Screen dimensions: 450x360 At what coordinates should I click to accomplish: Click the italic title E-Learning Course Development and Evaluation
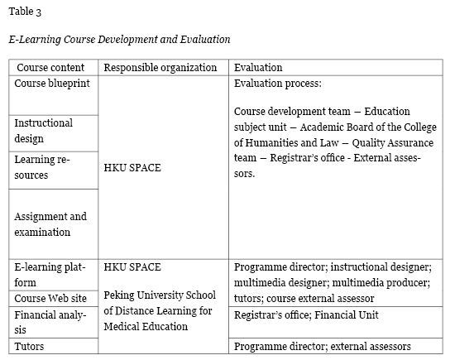click(x=119, y=39)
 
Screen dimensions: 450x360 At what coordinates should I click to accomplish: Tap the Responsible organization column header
click(x=160, y=68)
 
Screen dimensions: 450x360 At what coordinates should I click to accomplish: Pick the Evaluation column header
click(x=258, y=68)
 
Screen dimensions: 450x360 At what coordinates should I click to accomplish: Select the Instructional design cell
click(x=43, y=131)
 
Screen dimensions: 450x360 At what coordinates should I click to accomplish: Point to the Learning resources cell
click(x=42, y=167)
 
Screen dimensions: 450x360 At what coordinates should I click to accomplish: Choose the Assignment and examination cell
click(x=50, y=224)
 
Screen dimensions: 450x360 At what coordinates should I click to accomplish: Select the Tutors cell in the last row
click(x=29, y=346)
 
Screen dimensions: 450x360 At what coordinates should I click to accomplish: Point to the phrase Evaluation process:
click(x=277, y=84)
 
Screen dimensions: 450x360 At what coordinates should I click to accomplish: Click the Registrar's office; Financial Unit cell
click(x=306, y=315)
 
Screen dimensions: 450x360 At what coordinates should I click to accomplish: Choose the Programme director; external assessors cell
click(x=322, y=346)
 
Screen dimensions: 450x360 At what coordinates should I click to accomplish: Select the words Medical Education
click(x=141, y=326)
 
